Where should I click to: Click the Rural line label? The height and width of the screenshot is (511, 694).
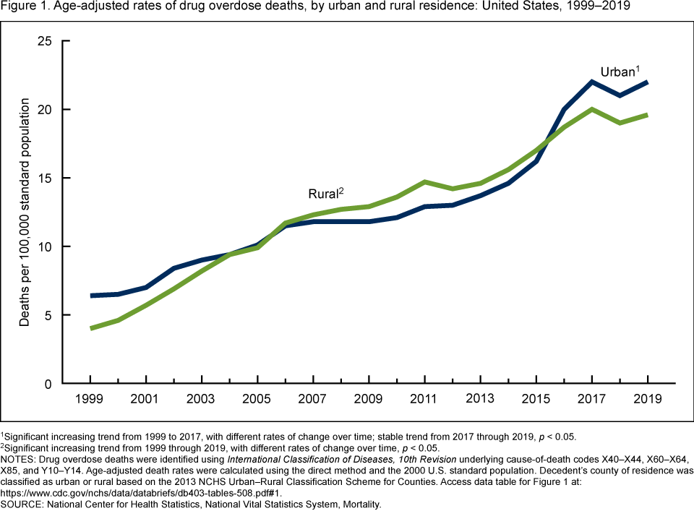(326, 194)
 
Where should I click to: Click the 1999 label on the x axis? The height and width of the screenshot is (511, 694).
(90, 399)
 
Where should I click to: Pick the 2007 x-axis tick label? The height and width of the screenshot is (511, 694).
(313, 399)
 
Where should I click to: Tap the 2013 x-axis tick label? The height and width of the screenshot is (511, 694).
(480, 399)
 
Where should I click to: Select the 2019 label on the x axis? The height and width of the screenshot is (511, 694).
(647, 399)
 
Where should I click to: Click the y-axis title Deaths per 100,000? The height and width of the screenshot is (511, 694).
(25, 214)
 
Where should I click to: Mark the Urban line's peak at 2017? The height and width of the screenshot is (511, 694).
(591, 82)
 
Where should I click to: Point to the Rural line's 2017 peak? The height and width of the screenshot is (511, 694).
(591, 109)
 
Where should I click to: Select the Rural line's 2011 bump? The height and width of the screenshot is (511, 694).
(424, 182)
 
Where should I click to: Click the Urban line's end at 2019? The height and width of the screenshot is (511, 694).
(647, 82)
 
